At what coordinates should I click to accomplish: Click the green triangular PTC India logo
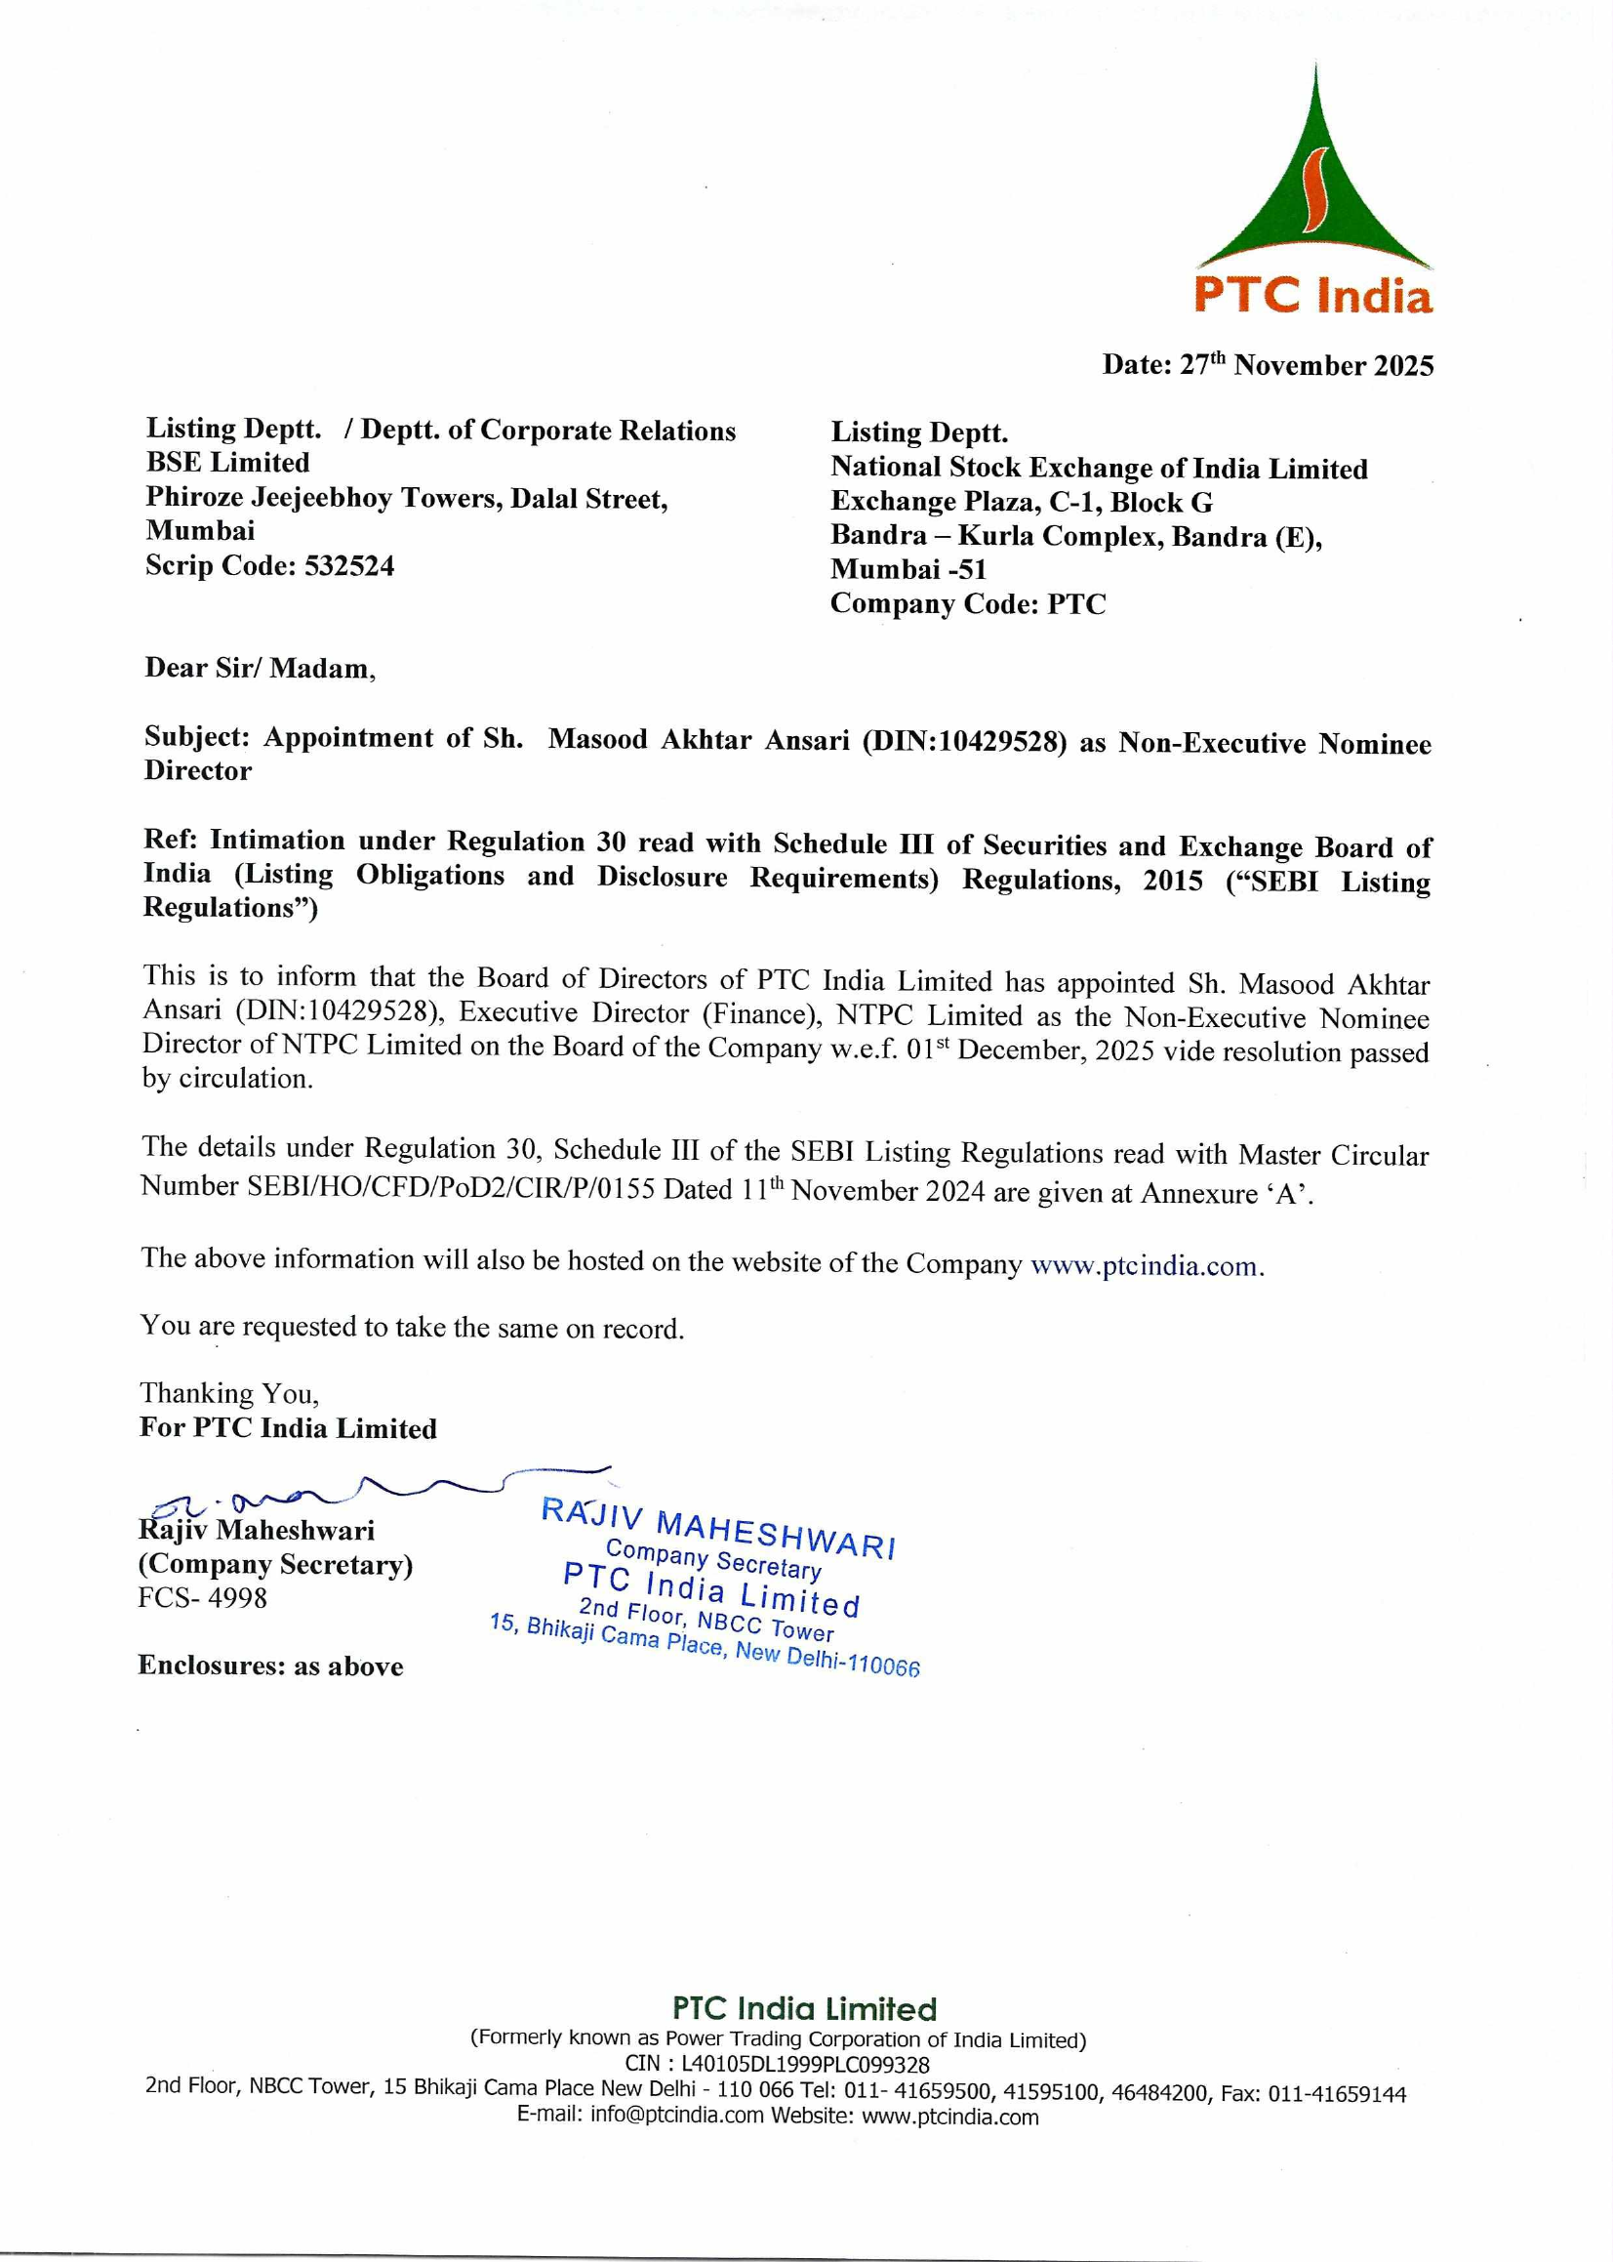click(1314, 188)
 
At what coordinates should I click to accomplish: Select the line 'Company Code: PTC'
click(967, 604)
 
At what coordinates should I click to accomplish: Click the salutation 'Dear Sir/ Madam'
click(260, 668)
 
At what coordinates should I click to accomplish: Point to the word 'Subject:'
click(197, 737)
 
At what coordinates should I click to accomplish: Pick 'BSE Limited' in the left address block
click(227, 463)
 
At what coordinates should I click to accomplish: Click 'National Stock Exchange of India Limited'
click(1099, 468)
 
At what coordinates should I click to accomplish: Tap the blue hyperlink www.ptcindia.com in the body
click(1146, 1266)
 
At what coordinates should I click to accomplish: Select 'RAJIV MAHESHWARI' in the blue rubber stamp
click(718, 1528)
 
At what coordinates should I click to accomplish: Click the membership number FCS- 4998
click(203, 1597)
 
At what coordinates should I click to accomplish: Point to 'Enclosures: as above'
click(270, 1666)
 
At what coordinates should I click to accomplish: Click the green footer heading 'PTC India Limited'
click(804, 2009)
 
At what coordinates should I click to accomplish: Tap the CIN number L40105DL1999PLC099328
click(805, 2063)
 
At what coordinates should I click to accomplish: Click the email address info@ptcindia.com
click(676, 2116)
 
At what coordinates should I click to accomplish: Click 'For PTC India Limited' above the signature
click(288, 1428)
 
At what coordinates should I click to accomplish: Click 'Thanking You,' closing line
click(229, 1394)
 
